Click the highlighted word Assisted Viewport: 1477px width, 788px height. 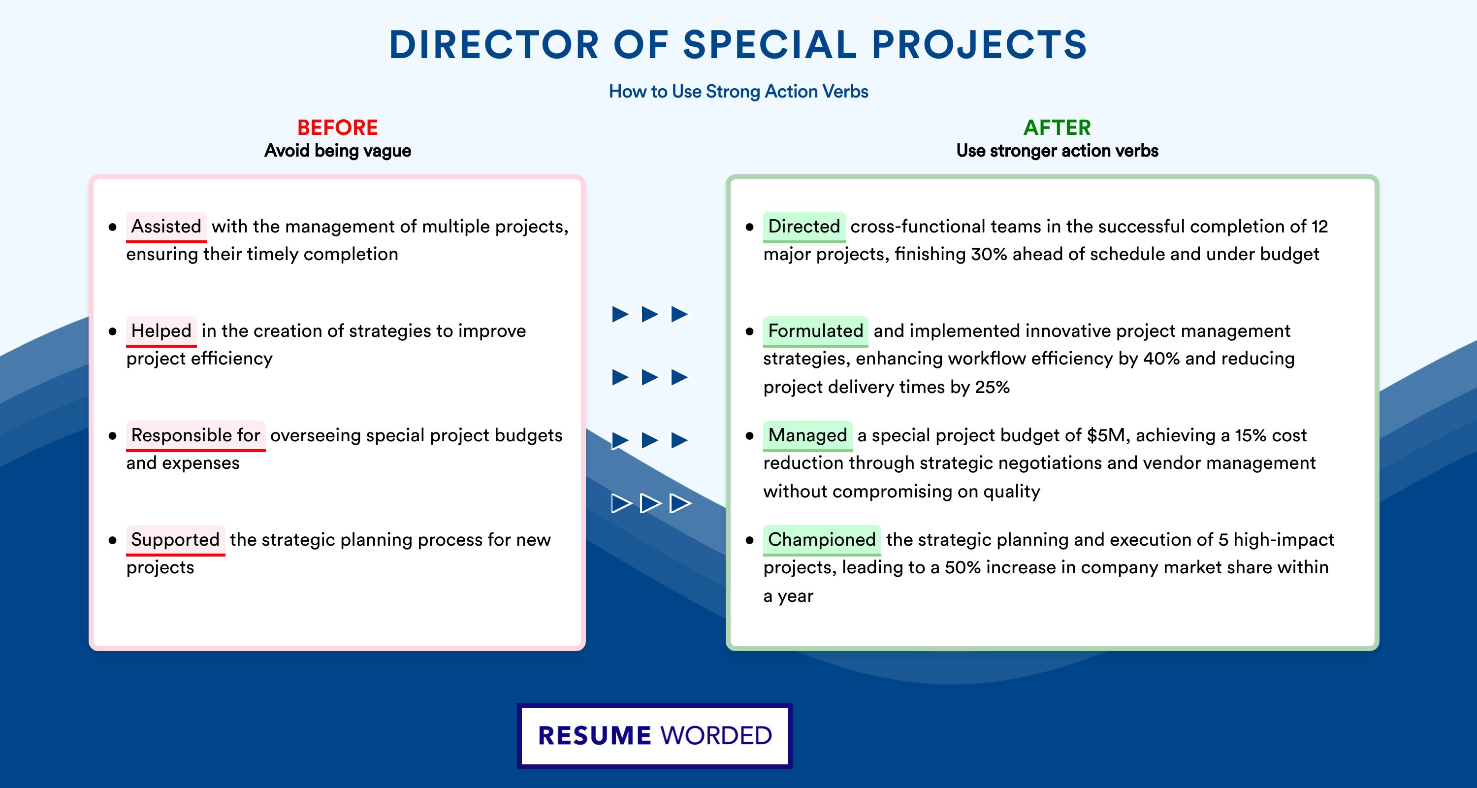point(166,227)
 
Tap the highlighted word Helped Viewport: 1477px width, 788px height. point(161,331)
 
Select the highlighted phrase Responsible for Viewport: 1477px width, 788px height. point(195,435)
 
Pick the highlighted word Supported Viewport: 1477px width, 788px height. point(175,540)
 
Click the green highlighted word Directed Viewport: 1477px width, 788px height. point(804,227)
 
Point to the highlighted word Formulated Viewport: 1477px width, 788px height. point(815,331)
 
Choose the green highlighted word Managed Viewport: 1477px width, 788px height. point(807,435)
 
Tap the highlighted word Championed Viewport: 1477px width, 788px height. point(822,540)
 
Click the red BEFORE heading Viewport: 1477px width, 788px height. point(338,128)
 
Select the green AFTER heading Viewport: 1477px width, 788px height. point(1058,128)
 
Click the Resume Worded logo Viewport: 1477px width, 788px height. point(655,736)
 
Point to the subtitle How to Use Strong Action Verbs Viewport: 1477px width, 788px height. point(738,91)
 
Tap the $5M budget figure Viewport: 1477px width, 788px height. point(1108,435)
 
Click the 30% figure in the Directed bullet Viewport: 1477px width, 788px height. point(989,254)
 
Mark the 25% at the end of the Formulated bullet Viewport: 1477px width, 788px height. point(993,387)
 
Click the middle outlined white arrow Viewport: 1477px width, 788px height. point(651,503)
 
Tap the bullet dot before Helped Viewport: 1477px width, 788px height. point(112,331)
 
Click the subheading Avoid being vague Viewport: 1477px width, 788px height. point(338,151)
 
